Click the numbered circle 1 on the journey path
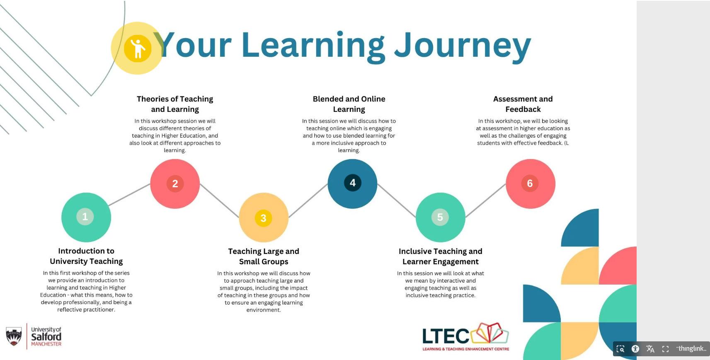(x=86, y=217)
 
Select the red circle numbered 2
(x=175, y=184)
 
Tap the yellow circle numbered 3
(x=264, y=218)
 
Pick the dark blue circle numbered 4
(x=352, y=184)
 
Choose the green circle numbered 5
(x=441, y=217)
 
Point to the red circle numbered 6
(x=531, y=184)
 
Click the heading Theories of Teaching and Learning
(x=175, y=104)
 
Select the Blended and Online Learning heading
(x=349, y=104)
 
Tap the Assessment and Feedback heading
(x=523, y=104)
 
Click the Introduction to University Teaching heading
(x=86, y=256)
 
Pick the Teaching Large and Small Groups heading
(x=264, y=256)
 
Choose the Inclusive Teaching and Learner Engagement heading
(x=441, y=256)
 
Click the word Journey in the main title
(x=463, y=46)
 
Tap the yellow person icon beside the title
(x=138, y=48)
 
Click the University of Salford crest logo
(x=14, y=336)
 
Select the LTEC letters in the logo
(x=446, y=336)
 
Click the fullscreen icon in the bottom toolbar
(x=665, y=349)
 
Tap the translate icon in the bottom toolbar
(x=650, y=349)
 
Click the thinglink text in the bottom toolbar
(x=691, y=348)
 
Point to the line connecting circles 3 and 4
(x=308, y=201)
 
